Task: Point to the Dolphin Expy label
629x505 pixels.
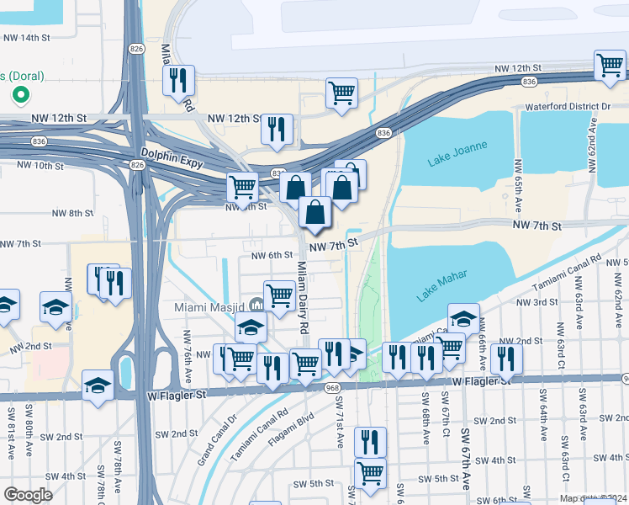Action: [x=173, y=156]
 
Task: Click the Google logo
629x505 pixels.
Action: [x=29, y=494]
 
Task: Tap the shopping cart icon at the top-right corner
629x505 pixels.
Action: [x=609, y=66]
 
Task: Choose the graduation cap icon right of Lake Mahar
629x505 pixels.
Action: [x=463, y=318]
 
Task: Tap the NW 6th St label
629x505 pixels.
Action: [x=271, y=255]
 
